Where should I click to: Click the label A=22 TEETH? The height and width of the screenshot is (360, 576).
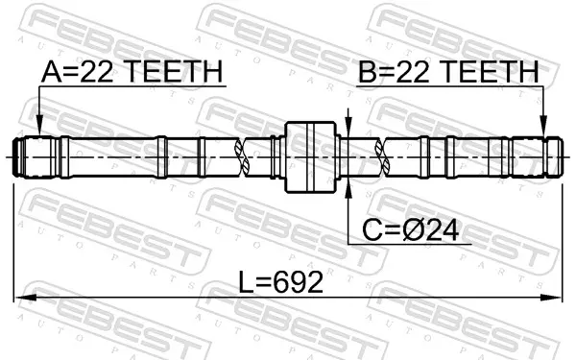point(132,71)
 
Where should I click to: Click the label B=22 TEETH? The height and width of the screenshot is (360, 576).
point(448,71)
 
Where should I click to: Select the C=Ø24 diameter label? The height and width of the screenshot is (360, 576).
point(410,230)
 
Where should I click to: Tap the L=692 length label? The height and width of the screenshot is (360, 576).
point(281,282)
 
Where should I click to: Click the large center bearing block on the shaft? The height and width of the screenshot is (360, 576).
point(311,157)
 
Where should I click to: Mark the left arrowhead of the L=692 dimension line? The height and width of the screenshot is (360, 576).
point(25,298)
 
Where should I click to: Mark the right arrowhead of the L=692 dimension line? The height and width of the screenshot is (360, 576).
point(551,298)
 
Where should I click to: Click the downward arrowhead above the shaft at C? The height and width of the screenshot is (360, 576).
point(348,124)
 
